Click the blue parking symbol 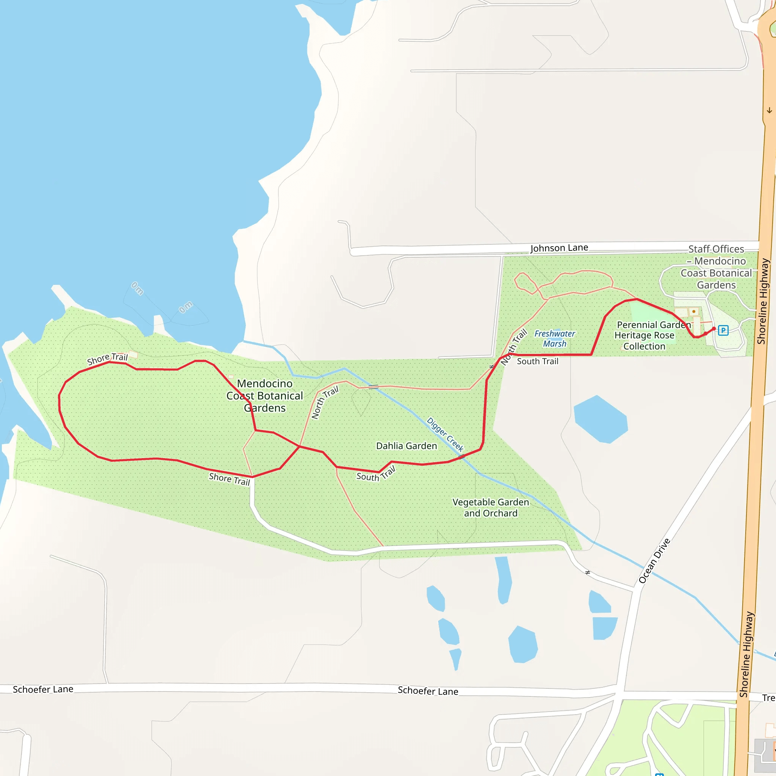(x=723, y=330)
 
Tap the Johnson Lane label (x=559, y=248)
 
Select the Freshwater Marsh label (x=555, y=339)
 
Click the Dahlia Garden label (x=407, y=446)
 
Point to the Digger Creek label (x=445, y=434)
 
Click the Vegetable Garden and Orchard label (x=491, y=508)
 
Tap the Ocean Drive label (x=654, y=561)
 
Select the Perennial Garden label (x=654, y=325)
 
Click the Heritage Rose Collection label (x=644, y=341)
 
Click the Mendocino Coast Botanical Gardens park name (x=265, y=396)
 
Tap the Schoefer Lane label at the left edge (x=43, y=690)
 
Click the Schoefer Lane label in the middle (x=428, y=691)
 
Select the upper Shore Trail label (x=107, y=358)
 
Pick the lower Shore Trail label (x=229, y=479)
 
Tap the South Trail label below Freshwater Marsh (x=537, y=361)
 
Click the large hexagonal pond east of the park (x=601, y=419)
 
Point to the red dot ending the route (x=714, y=329)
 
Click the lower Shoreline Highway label (x=747, y=654)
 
